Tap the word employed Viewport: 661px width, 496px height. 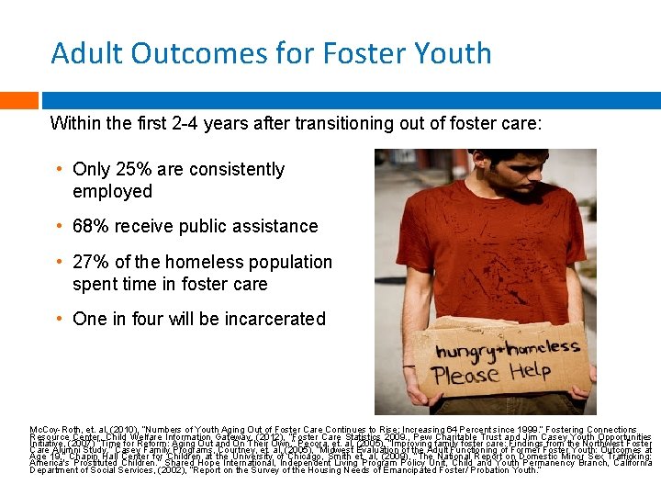(x=112, y=191)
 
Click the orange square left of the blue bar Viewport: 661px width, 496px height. (x=18, y=100)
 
